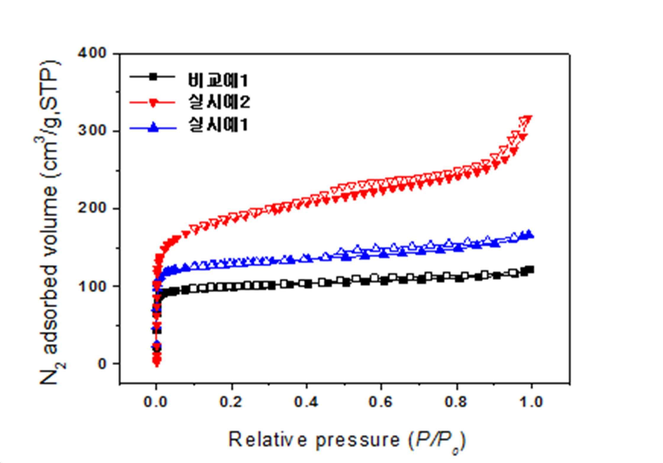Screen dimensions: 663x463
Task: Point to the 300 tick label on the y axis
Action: (x=92, y=131)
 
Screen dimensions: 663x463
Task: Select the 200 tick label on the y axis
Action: (x=92, y=208)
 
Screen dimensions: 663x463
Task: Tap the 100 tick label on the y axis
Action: (x=92, y=286)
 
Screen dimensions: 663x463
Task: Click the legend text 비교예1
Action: (x=218, y=80)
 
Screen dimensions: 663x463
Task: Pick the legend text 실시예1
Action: (x=218, y=125)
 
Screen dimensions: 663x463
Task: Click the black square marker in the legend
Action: (x=153, y=77)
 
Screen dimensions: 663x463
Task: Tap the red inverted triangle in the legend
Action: (x=153, y=103)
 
